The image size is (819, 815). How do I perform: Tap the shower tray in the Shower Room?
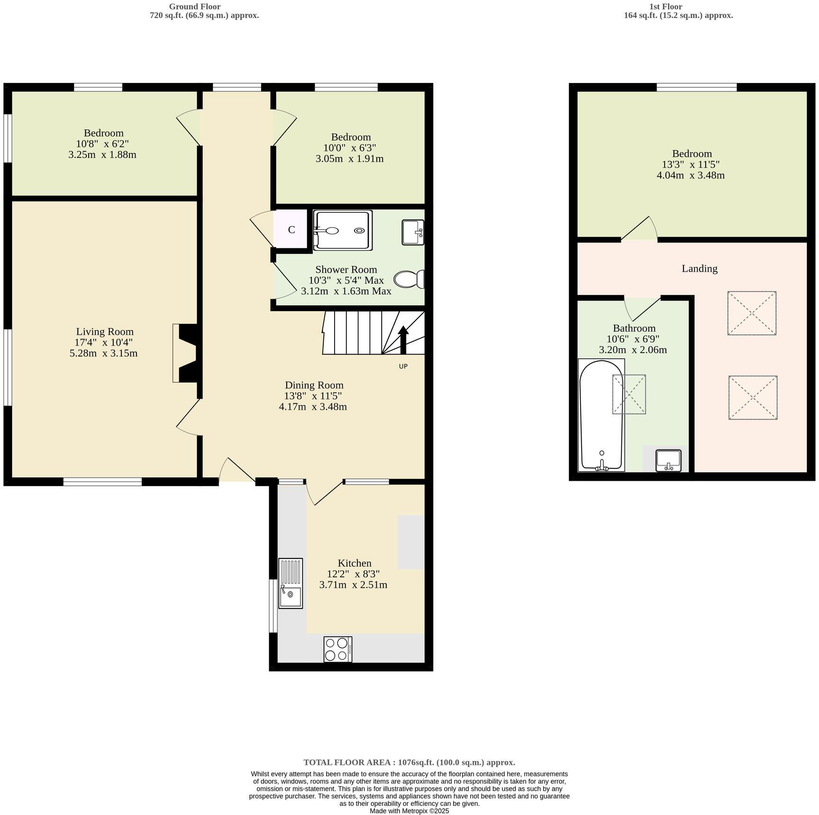(343, 230)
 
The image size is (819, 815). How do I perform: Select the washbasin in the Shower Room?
(413, 232)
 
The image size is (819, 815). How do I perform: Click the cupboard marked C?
(291, 230)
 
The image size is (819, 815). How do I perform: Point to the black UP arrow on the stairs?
(403, 339)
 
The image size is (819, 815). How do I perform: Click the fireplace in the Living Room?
(186, 353)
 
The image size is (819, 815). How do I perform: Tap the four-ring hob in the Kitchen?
(337, 649)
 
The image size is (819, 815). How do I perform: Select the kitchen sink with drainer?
(290, 583)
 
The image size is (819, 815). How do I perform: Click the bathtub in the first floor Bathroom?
(601, 415)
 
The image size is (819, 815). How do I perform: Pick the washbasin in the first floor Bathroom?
(668, 460)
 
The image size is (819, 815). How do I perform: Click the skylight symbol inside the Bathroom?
(629, 394)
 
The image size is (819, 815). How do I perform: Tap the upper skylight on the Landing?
(752, 313)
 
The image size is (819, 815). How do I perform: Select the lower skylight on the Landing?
(753, 397)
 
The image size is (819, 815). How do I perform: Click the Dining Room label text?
(314, 385)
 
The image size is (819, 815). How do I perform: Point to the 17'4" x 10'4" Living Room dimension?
(104, 342)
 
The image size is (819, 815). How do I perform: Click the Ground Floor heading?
(195, 7)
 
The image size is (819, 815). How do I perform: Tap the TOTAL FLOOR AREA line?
(409, 762)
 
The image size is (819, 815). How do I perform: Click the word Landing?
(699, 268)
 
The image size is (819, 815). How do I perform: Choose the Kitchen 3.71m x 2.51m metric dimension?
(353, 585)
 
